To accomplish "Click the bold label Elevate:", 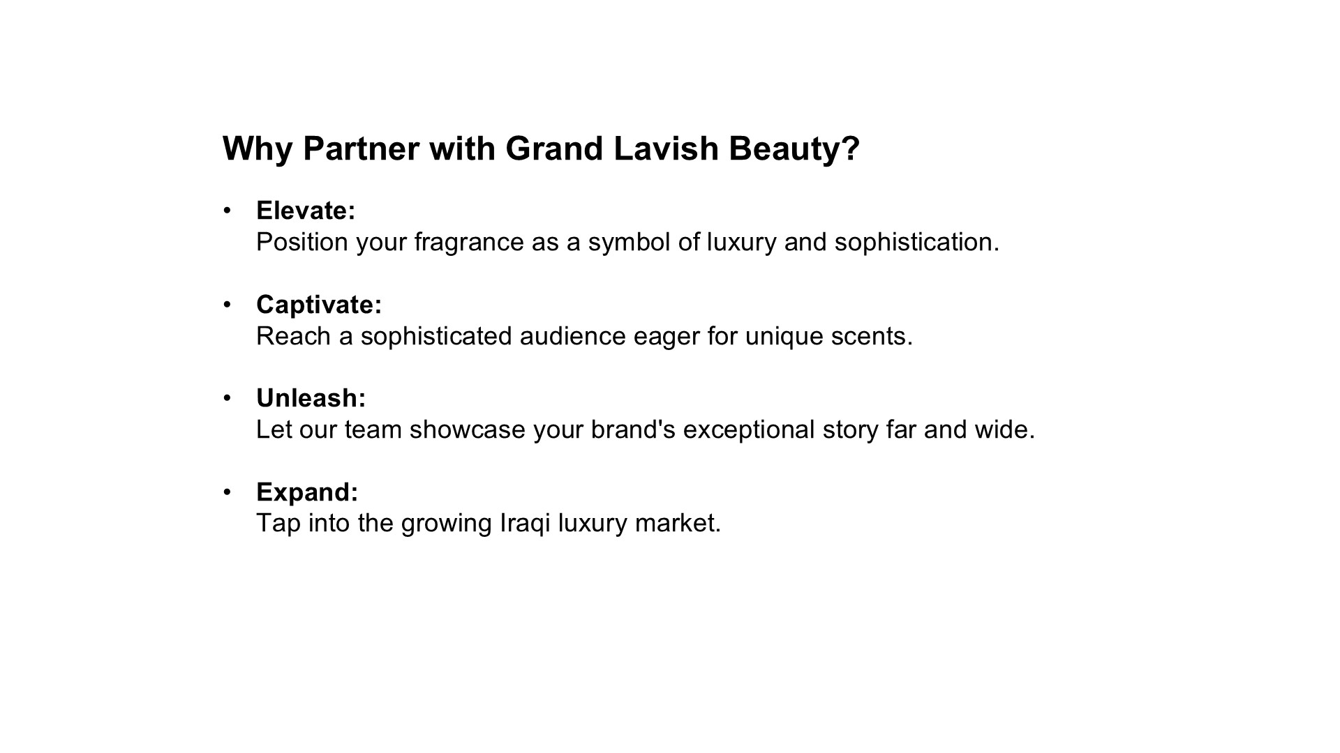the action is coord(306,211).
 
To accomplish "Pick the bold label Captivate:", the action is coord(319,305).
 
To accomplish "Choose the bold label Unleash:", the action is coord(311,398).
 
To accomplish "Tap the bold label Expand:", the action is coord(307,493).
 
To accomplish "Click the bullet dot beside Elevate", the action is coord(227,211).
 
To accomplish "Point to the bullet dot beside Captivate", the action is coord(227,305).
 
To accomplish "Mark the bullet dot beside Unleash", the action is coord(227,398).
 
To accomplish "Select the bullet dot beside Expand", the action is coord(227,492).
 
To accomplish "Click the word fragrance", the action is coord(469,243).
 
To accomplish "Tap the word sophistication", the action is coord(917,243).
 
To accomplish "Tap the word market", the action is coord(678,524).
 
